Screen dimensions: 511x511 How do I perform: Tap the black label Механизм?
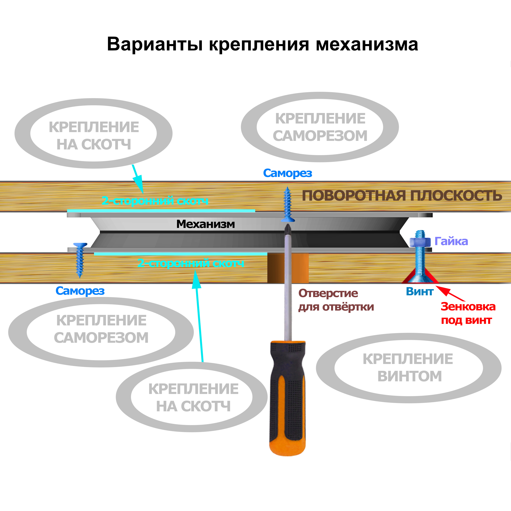[206, 224]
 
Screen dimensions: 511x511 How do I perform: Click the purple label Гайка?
[451, 241]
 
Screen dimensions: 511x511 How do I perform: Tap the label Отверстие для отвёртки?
[336, 300]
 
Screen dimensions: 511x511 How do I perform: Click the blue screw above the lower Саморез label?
[80, 259]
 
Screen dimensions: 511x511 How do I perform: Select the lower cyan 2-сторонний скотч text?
[190, 263]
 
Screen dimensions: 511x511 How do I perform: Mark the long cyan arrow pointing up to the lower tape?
[199, 317]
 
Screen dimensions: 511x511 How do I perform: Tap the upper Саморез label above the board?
[288, 173]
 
